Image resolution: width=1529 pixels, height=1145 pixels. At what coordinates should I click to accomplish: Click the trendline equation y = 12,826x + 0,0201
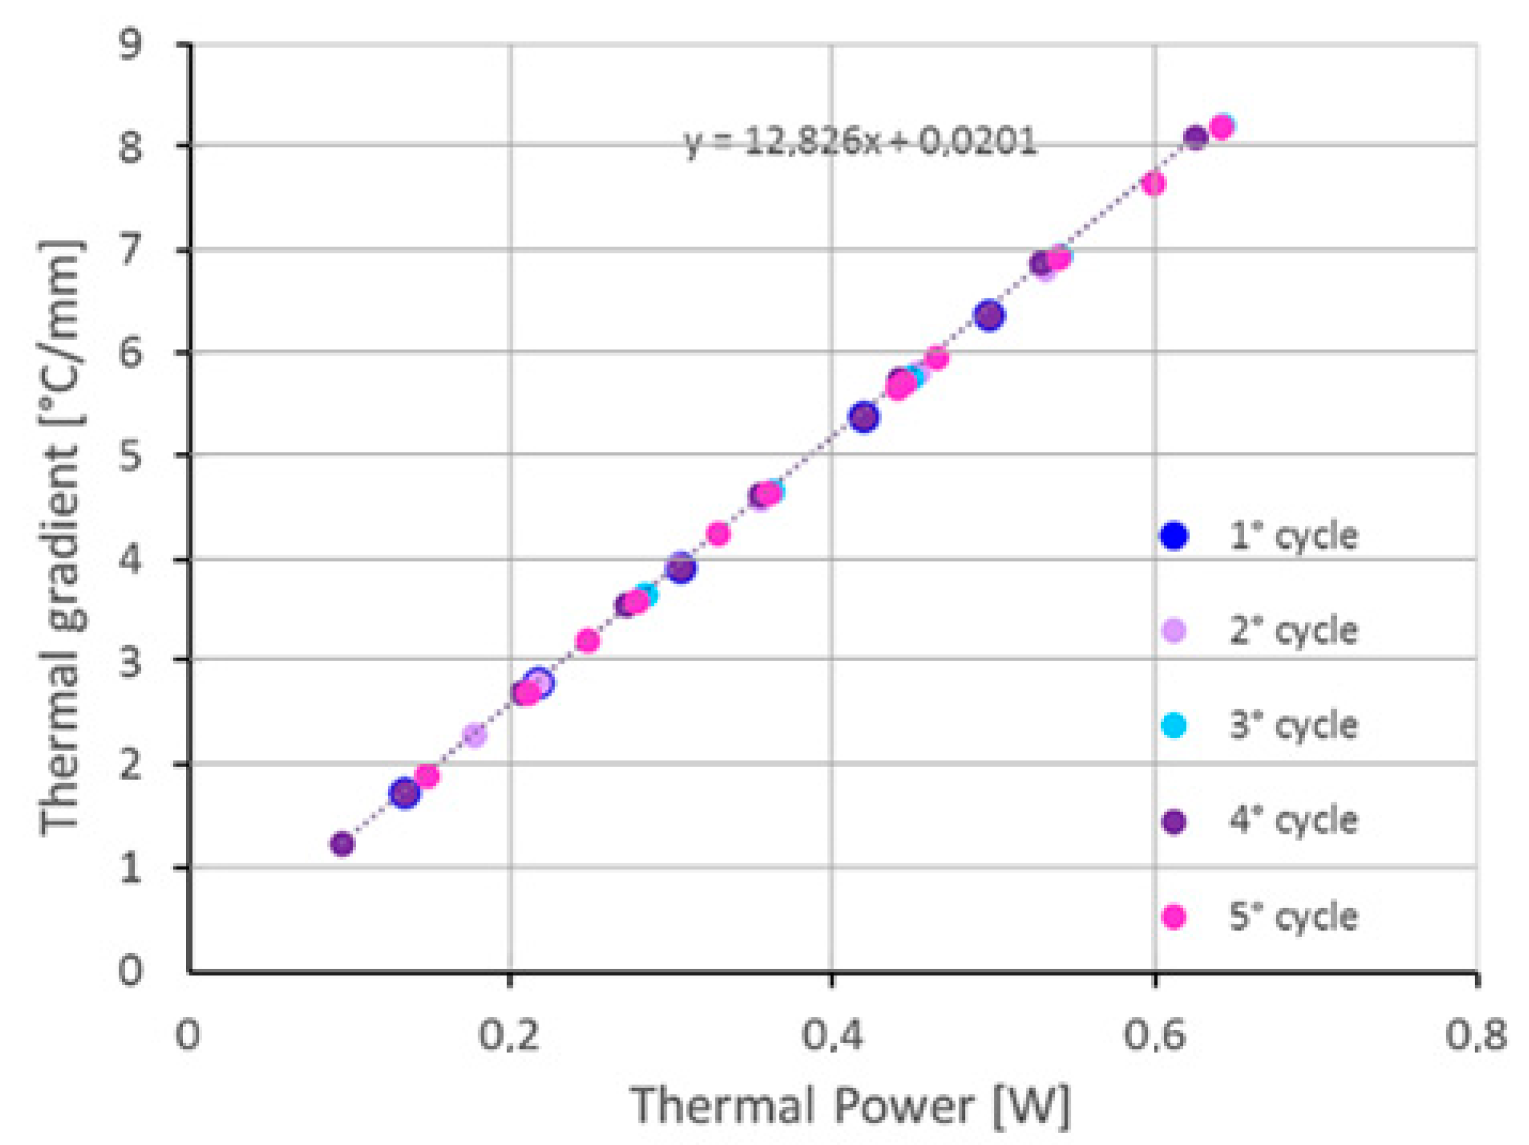860,142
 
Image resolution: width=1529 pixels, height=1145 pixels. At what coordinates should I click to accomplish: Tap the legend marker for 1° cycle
1174,536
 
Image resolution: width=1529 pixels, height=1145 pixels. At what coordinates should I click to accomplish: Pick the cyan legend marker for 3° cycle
1174,725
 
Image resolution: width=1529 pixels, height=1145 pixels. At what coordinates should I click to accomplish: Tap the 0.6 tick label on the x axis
1153,1036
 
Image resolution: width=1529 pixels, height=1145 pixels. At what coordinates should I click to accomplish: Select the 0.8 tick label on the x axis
1475,1036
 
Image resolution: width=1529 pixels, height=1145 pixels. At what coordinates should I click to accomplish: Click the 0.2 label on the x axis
509,1036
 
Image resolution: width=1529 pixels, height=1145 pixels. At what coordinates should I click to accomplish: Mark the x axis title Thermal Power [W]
850,1105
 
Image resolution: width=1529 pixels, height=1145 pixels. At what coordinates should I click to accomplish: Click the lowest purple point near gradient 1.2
342,843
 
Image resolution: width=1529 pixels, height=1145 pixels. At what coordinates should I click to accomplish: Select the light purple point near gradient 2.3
474,735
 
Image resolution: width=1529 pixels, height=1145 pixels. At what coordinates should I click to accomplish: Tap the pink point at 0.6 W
1154,183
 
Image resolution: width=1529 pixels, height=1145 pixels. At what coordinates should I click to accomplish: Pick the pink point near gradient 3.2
588,641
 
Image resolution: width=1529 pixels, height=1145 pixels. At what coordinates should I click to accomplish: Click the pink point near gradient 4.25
719,533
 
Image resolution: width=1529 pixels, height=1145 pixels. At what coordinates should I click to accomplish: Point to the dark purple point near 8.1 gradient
1195,137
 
